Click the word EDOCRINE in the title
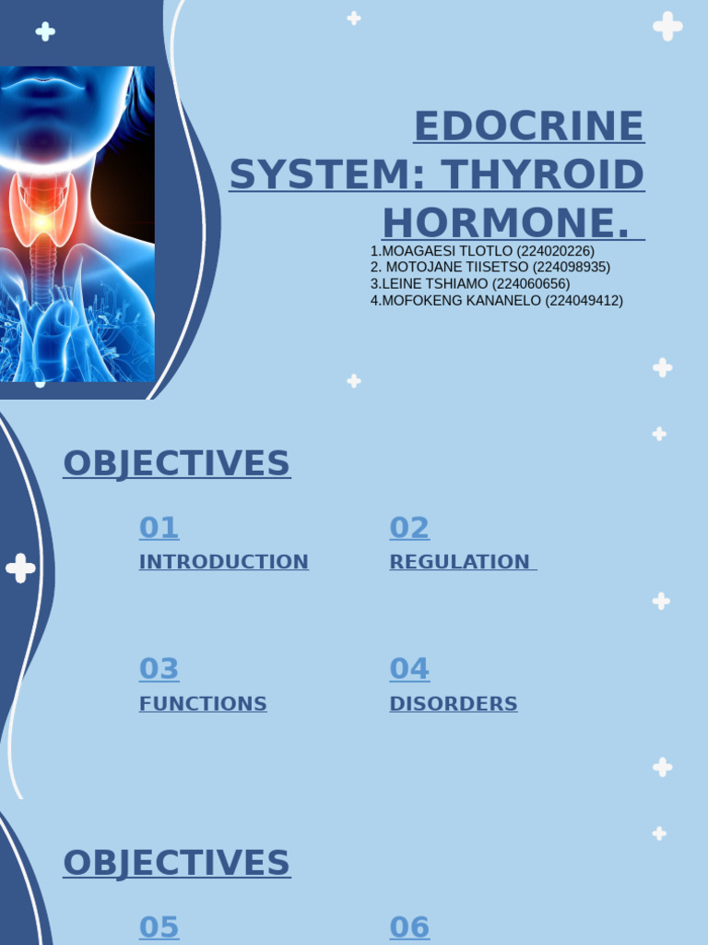click(x=528, y=126)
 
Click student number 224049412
click(x=584, y=301)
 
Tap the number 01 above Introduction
click(x=159, y=528)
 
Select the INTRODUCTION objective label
click(x=223, y=562)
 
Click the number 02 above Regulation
click(x=409, y=528)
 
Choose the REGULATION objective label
click(x=459, y=562)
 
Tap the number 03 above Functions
click(x=159, y=669)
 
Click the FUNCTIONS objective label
click(x=203, y=704)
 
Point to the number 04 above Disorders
click(x=409, y=669)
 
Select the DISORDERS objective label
click(x=453, y=704)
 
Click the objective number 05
click(x=159, y=927)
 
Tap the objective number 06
click(x=409, y=927)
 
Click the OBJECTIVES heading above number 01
click(x=176, y=463)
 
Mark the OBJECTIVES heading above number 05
click(x=176, y=863)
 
